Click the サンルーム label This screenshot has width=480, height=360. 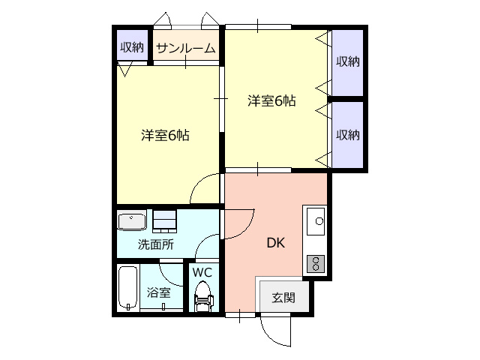point(186,48)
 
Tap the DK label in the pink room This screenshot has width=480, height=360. point(276,243)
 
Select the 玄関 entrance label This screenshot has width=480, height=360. point(283,297)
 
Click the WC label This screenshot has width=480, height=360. point(202,271)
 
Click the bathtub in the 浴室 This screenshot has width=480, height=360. point(128,288)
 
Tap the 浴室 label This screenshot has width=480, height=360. point(158,292)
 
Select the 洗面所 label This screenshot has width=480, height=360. point(156,244)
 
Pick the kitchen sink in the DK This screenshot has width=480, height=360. point(316,221)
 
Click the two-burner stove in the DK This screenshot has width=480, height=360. point(316,263)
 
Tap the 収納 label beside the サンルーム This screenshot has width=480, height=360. point(132,47)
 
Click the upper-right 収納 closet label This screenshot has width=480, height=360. point(348,61)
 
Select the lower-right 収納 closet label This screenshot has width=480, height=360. point(348,135)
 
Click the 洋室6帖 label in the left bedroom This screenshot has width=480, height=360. point(165,135)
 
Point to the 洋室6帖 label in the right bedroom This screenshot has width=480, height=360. point(271,100)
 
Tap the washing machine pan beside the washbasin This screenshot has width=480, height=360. point(165,221)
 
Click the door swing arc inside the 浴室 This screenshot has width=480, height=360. point(166,278)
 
